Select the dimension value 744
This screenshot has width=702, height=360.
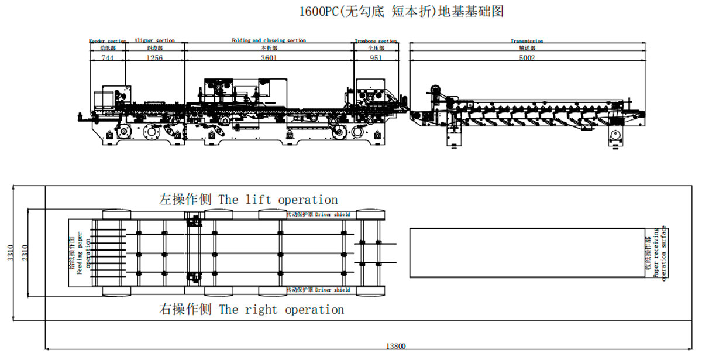(108, 58)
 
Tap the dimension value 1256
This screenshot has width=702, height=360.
(154, 58)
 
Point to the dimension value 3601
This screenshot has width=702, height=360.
(269, 58)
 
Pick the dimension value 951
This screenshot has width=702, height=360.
(376, 58)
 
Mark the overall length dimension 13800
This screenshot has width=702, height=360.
(397, 347)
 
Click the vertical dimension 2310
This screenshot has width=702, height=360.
(24, 253)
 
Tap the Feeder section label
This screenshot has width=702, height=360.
(108, 41)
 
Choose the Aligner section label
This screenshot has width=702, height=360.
(154, 40)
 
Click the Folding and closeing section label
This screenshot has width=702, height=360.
(269, 40)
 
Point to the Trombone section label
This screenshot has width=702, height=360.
(376, 41)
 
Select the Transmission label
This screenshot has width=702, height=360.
(526, 41)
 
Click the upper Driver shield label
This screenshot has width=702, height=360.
(318, 215)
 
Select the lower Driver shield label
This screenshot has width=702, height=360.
(318, 290)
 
